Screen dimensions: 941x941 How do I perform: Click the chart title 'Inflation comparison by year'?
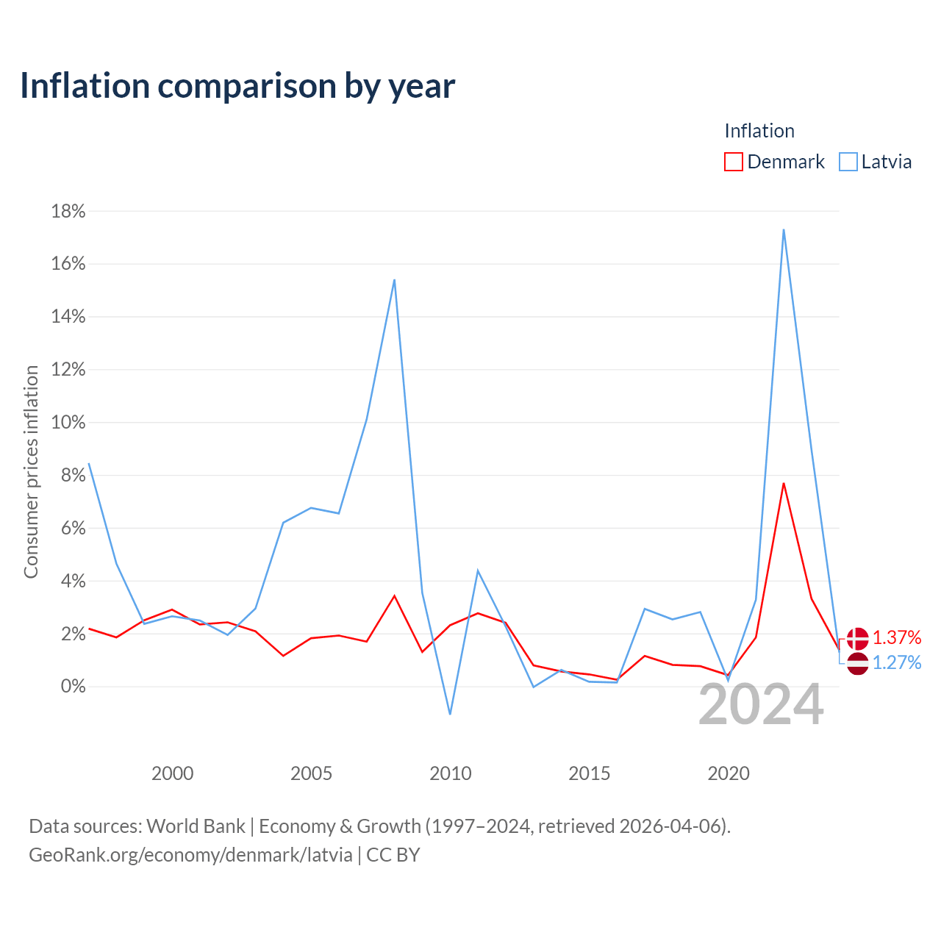tap(237, 86)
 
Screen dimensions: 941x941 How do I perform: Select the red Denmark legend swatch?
tap(733, 162)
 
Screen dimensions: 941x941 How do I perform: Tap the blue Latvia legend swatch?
tap(848, 162)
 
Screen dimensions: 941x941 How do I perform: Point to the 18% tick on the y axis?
tap(68, 212)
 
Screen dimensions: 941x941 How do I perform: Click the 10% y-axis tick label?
tap(68, 423)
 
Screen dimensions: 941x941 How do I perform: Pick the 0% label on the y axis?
tap(73, 686)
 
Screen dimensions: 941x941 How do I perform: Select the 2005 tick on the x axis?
tap(311, 773)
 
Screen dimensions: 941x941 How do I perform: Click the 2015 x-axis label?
tap(589, 773)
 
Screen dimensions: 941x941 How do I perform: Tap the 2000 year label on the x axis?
tap(172, 773)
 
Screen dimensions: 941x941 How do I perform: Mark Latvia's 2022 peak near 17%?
tap(784, 229)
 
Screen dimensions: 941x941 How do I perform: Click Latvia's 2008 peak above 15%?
tap(394, 280)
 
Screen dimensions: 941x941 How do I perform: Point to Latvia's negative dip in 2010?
tap(450, 714)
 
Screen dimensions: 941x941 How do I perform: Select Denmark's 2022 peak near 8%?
tap(784, 484)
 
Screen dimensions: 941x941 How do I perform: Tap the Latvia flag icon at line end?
tap(857, 664)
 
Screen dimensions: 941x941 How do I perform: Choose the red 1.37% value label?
tap(897, 637)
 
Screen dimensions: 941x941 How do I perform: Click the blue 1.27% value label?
tap(897, 662)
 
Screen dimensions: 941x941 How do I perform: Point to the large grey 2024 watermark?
tap(761, 705)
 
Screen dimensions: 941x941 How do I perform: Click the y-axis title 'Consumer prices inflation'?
tap(31, 472)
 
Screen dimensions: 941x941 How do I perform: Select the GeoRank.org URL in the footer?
tap(190, 855)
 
